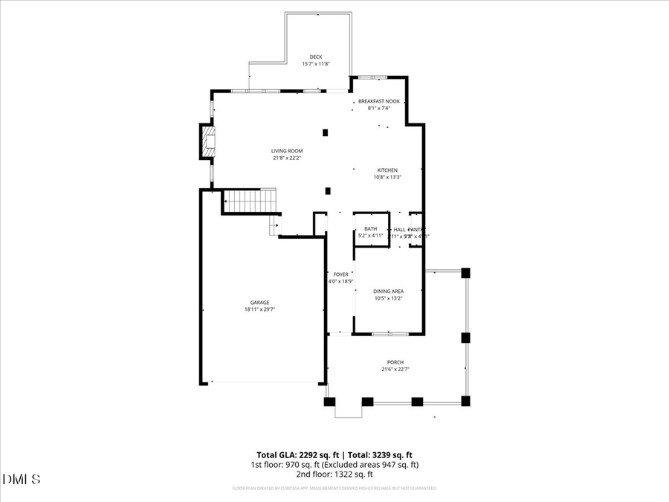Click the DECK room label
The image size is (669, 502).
(x=316, y=57)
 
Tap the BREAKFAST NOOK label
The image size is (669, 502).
(x=378, y=101)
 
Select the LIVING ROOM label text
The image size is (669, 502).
(x=287, y=151)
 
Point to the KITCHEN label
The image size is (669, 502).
(x=387, y=170)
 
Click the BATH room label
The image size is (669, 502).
(x=370, y=229)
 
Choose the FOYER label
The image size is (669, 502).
(x=340, y=274)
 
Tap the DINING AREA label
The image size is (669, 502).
(x=388, y=292)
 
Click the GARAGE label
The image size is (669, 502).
(x=259, y=303)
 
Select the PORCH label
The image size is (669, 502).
(x=395, y=362)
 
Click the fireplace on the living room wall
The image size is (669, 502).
(x=206, y=141)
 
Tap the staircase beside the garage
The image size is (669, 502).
(x=250, y=201)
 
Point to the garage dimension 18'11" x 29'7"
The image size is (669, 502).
(x=259, y=309)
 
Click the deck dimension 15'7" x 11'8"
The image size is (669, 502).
(x=316, y=64)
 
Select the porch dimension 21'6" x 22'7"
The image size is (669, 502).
(x=395, y=369)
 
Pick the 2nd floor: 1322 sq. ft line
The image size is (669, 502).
(x=334, y=474)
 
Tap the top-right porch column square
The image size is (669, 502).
(x=466, y=273)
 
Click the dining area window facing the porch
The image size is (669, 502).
(x=389, y=334)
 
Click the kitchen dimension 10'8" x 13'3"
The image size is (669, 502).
(x=387, y=177)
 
